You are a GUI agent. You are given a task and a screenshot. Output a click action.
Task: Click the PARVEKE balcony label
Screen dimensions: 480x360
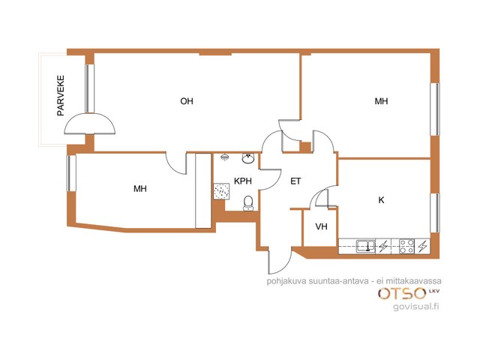pyautogui.click(x=61, y=95)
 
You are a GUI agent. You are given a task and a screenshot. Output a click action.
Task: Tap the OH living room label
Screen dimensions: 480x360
pyautogui.click(x=187, y=101)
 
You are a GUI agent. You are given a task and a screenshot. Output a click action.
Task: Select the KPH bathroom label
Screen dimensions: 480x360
pyautogui.click(x=243, y=181)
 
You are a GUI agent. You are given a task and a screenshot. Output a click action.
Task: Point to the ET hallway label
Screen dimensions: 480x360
pyautogui.click(x=295, y=181)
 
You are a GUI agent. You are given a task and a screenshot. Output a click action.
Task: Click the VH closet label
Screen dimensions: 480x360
pyautogui.click(x=322, y=226)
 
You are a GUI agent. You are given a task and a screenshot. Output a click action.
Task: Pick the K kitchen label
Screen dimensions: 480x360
pyautogui.click(x=382, y=200)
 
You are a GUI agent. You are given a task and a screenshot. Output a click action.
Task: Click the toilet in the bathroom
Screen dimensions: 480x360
pyautogui.click(x=248, y=203)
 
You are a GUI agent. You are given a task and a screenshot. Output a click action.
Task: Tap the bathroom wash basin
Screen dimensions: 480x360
pyautogui.click(x=248, y=158)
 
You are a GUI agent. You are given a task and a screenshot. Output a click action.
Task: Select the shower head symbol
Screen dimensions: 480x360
pyautogui.click(x=225, y=157)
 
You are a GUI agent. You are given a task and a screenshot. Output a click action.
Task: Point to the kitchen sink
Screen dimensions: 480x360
pyautogui.click(x=366, y=247)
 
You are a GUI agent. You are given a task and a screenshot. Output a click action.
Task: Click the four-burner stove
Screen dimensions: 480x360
pyautogui.click(x=407, y=247)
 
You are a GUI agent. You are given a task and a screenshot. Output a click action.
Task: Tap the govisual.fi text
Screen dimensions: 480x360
pyautogui.click(x=416, y=306)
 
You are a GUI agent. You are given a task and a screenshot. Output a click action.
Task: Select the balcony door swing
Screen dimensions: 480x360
pyautogui.click(x=90, y=124)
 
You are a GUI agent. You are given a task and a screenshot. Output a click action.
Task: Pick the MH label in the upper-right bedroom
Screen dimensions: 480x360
pyautogui.click(x=382, y=101)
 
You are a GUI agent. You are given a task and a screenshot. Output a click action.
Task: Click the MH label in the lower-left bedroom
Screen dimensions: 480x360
pyautogui.click(x=140, y=188)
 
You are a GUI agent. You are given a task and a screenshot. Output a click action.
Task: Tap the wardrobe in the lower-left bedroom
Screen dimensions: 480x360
pyautogui.click(x=203, y=190)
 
